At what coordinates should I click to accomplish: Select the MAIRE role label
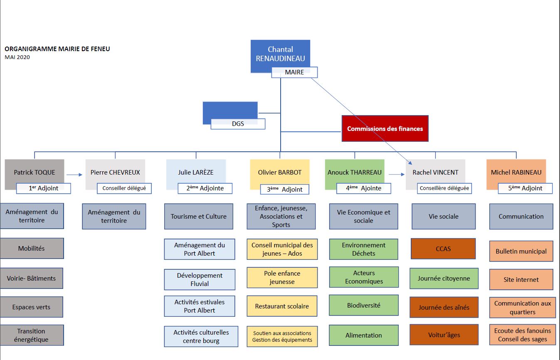click(x=294, y=72)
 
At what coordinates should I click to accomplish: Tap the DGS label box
click(x=238, y=124)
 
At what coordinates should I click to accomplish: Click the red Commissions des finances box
click(x=385, y=128)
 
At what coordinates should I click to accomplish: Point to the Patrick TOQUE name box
click(x=34, y=172)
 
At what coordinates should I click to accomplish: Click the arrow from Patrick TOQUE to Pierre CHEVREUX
click(x=74, y=175)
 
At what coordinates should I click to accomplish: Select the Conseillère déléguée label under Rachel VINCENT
click(x=444, y=188)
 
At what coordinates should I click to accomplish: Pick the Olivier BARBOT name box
click(x=280, y=172)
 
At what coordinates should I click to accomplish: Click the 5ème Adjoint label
click(x=525, y=188)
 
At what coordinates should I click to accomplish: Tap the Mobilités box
click(x=32, y=249)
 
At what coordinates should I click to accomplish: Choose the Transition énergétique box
click(x=32, y=335)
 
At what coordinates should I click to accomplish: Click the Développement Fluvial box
click(x=200, y=280)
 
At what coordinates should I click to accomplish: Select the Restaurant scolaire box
click(x=282, y=306)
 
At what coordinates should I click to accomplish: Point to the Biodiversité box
click(x=363, y=305)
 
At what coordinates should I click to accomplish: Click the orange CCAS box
click(x=443, y=249)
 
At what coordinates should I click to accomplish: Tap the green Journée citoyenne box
click(x=444, y=279)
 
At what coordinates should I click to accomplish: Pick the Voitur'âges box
click(x=444, y=335)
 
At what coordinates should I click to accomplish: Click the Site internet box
click(x=521, y=280)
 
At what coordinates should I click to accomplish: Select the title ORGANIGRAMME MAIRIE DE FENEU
click(x=57, y=49)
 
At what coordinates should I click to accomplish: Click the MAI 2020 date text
click(x=17, y=57)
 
